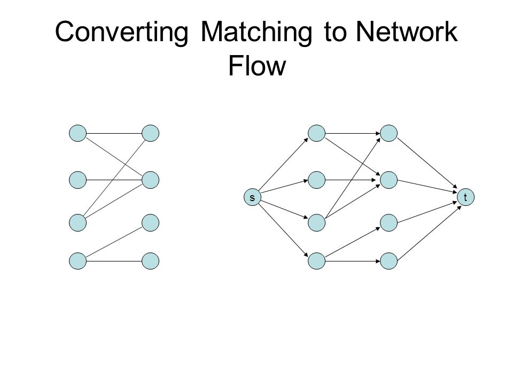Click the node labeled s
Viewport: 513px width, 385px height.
pyautogui.click(x=253, y=197)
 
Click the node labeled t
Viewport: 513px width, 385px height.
pyautogui.click(x=465, y=197)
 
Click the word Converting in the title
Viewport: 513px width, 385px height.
pyautogui.click(x=122, y=32)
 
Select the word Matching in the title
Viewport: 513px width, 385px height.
pyautogui.click(x=256, y=32)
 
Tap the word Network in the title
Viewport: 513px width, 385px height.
pyautogui.click(x=407, y=32)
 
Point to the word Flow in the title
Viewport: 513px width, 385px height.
pyautogui.click(x=257, y=65)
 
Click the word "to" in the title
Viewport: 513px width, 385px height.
pyautogui.click(x=335, y=32)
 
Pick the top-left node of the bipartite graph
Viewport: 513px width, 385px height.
pyautogui.click(x=78, y=133)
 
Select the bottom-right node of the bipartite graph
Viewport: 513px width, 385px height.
pyautogui.click(x=151, y=261)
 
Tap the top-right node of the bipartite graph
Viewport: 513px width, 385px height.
pyautogui.click(x=151, y=133)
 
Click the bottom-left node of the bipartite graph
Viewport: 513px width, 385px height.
pyautogui.click(x=78, y=261)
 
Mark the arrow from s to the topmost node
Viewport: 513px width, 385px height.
pyautogui.click(x=283, y=164)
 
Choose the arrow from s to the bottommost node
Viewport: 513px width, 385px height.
pyautogui.click(x=283, y=230)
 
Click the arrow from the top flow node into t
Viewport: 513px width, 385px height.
pyautogui.click(x=427, y=164)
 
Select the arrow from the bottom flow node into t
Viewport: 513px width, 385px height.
pyautogui.click(x=429, y=233)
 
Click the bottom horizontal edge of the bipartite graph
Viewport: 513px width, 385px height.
pyautogui.click(x=114, y=261)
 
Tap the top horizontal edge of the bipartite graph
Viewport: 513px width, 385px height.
pyautogui.click(x=114, y=133)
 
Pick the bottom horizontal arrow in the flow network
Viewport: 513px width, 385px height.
pyautogui.click(x=353, y=261)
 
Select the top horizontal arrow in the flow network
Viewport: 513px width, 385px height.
pyautogui.click(x=353, y=133)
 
